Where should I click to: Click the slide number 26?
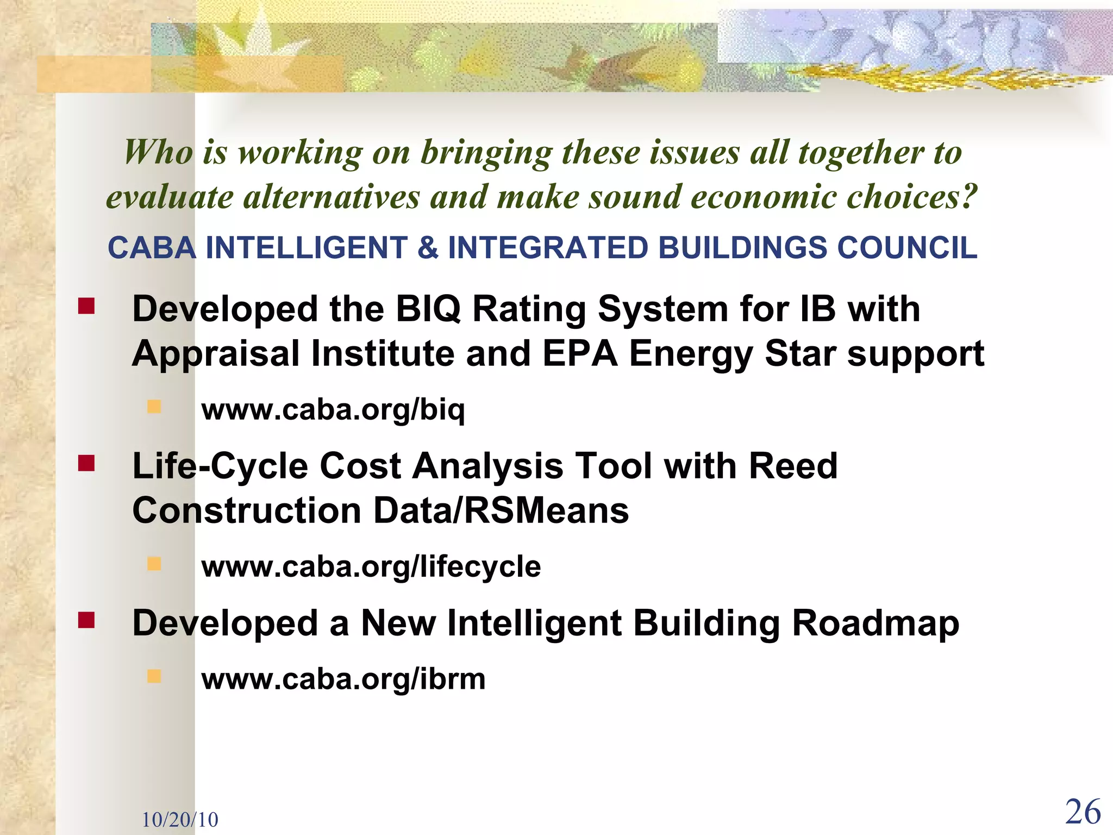coord(1083,812)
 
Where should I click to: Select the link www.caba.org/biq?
coord(333,409)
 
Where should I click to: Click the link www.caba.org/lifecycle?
coord(371,566)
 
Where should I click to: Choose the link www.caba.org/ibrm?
coord(343,679)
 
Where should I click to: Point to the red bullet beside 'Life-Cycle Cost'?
coord(86,463)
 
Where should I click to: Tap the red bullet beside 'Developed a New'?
coord(86,620)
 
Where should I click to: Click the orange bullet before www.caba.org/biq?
coord(154,407)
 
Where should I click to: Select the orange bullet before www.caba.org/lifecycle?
coord(154,564)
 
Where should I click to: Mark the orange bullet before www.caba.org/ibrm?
coord(154,676)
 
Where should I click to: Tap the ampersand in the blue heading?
coord(428,248)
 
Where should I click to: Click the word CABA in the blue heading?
coord(152,248)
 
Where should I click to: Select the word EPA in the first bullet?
coord(580,354)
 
